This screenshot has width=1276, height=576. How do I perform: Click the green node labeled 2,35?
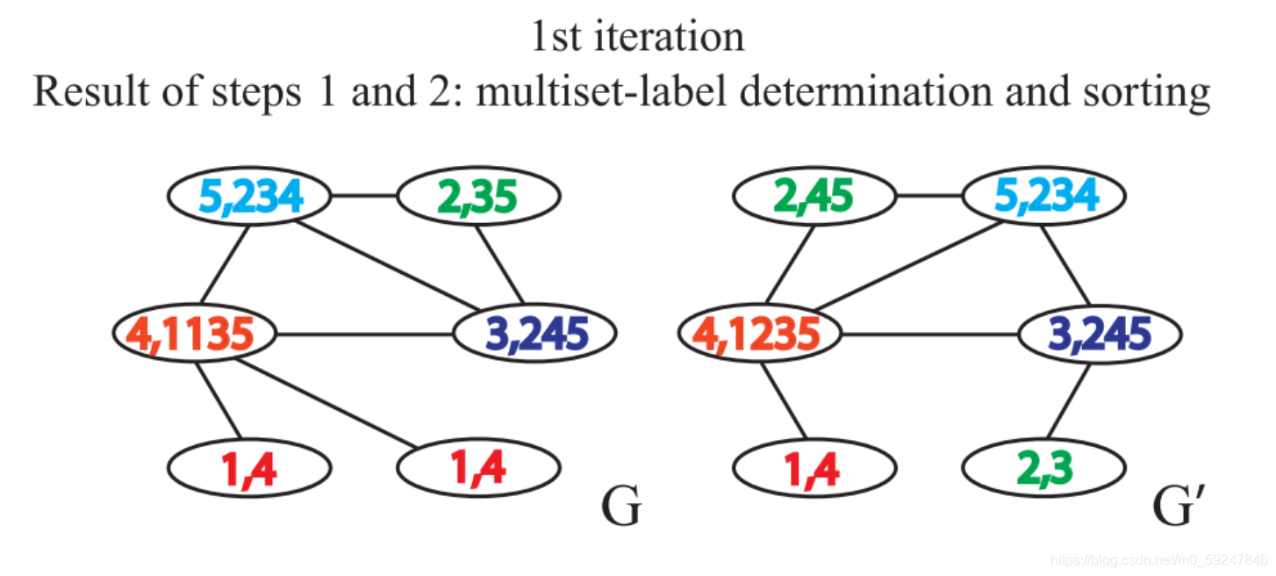(477, 198)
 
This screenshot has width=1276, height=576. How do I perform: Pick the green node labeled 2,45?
(814, 198)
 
